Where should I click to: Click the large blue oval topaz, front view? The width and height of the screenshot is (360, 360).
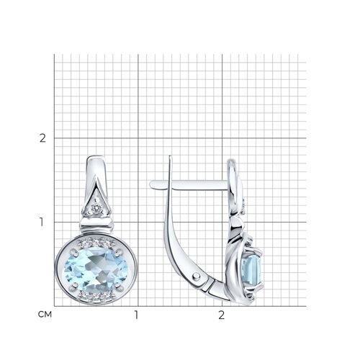[x=96, y=270]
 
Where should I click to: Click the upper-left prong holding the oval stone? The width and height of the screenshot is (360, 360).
[x=73, y=252]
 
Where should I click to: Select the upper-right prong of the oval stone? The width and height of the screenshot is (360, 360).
[x=118, y=252]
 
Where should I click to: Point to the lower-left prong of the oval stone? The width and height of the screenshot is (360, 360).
[x=75, y=285]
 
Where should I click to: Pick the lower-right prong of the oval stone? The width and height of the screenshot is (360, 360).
[x=117, y=285]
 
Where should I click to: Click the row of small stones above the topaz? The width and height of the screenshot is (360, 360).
[x=96, y=243]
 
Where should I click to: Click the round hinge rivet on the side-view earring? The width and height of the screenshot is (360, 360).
[x=197, y=276]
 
